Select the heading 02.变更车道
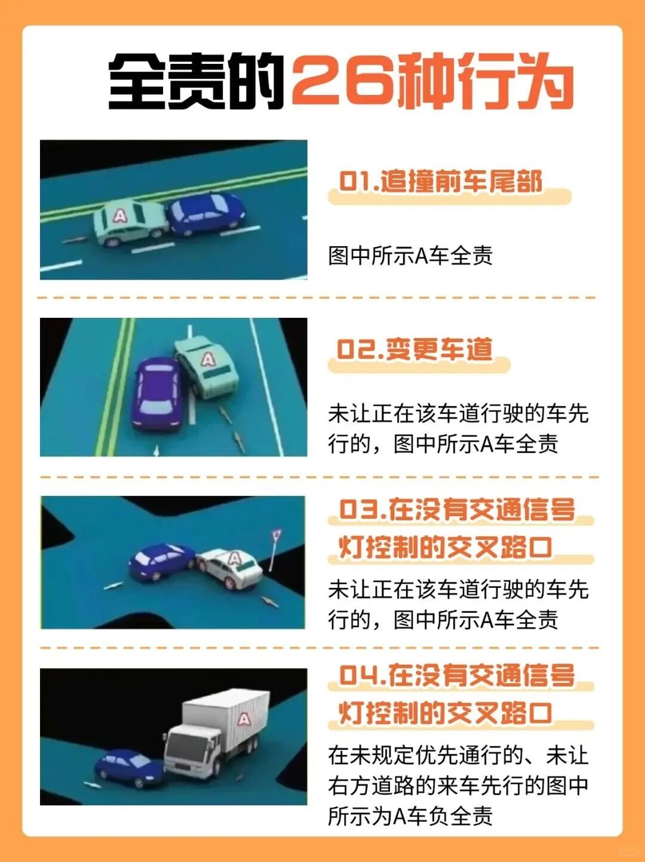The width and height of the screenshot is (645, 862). [414, 349]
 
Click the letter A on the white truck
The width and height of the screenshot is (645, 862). [244, 719]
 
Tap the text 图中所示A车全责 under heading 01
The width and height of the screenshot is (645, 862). [410, 256]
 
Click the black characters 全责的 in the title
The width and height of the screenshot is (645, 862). [196, 83]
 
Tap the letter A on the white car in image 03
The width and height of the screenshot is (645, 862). [234, 558]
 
